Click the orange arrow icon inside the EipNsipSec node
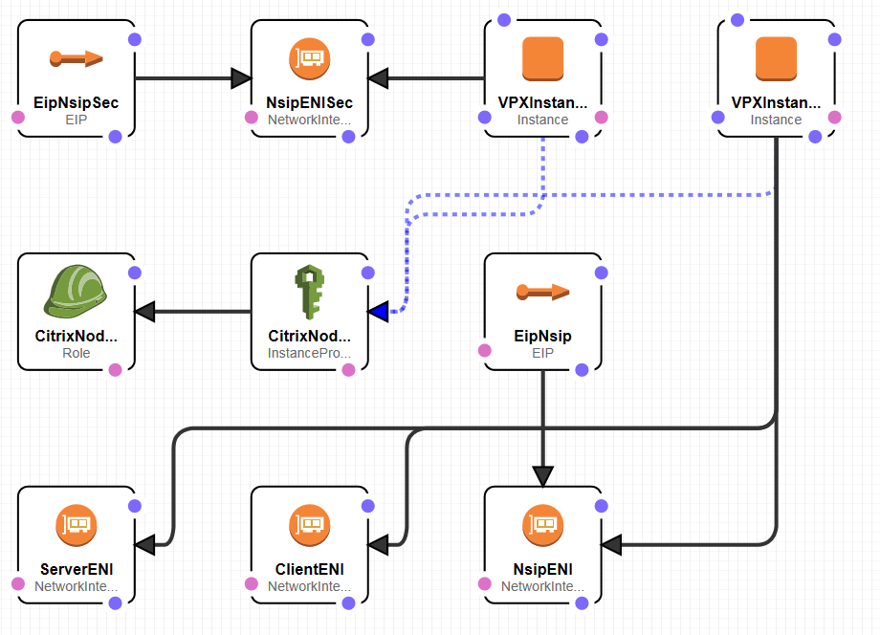point(76,59)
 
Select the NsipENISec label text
point(309,102)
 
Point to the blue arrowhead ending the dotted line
point(379,311)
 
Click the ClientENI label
point(309,569)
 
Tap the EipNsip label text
point(542,336)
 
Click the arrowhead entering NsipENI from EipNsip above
point(542,475)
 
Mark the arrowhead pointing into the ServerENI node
point(145,545)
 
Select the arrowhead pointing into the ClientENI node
point(379,545)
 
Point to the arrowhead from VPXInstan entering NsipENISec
point(379,77)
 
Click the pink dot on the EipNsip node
point(485,350)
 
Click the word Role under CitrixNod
point(76,353)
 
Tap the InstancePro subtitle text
point(309,353)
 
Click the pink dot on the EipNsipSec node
point(17,117)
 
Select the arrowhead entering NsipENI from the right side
point(612,545)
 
